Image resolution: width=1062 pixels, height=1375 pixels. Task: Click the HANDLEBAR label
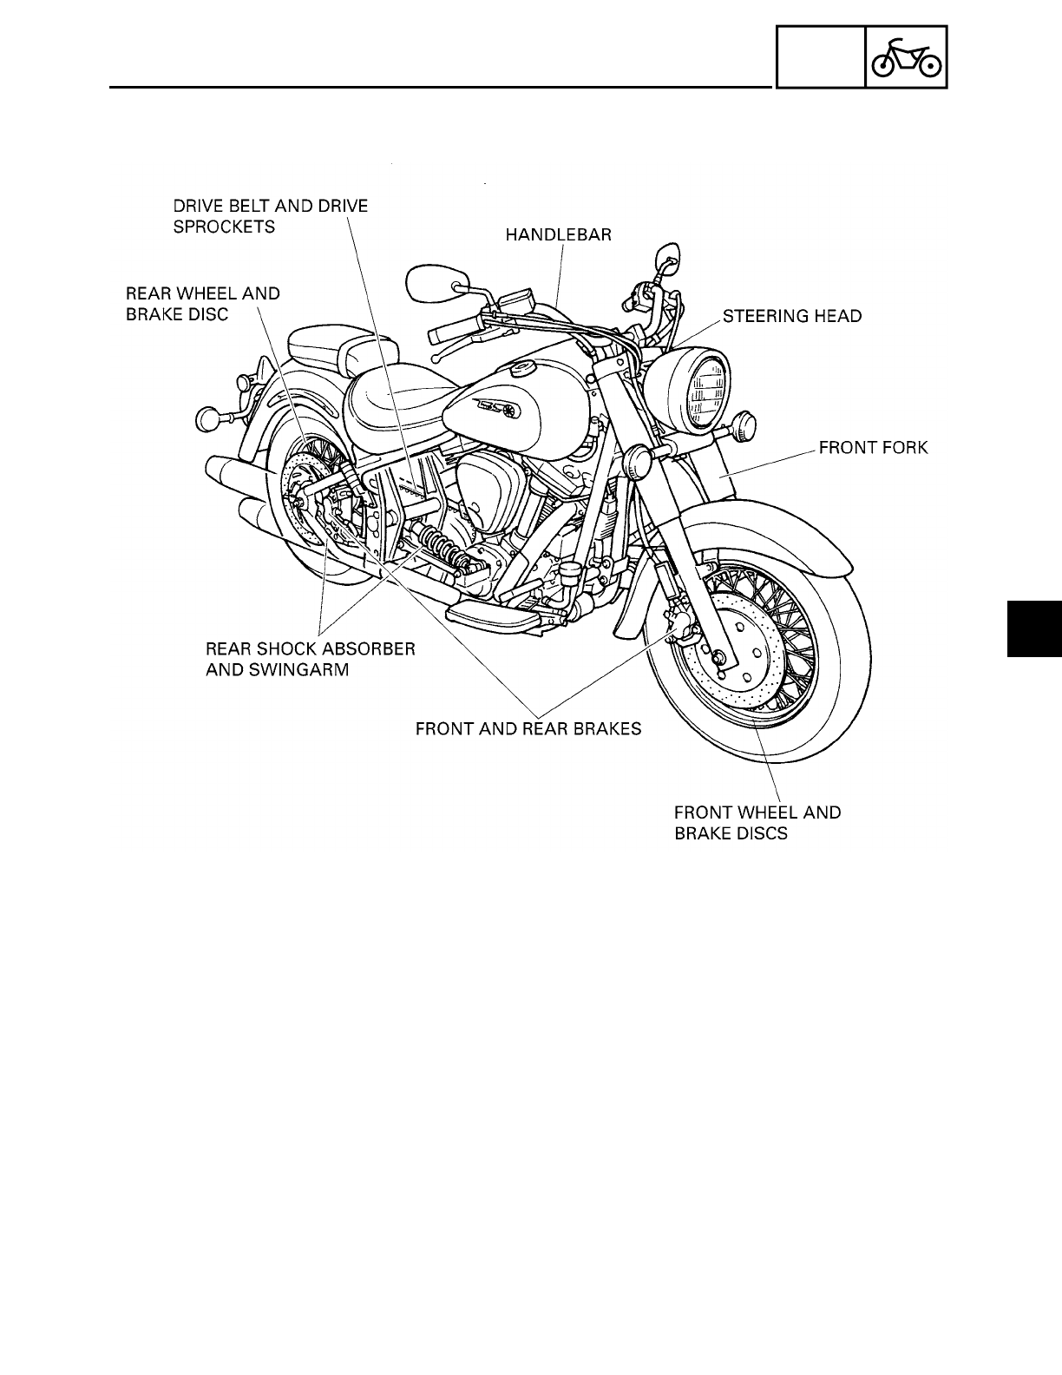(558, 235)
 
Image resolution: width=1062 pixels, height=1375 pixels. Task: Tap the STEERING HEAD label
(792, 316)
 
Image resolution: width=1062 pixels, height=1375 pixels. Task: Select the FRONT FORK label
(874, 448)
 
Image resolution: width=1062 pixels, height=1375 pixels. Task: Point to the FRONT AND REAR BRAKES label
(528, 728)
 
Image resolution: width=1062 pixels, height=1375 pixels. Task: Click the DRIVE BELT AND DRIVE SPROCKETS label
(271, 216)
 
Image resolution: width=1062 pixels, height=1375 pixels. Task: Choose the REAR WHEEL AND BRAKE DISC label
(203, 304)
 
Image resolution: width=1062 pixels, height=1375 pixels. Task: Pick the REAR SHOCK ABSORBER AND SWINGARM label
(310, 659)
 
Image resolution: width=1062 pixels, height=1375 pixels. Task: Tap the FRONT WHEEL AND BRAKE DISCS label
(757, 823)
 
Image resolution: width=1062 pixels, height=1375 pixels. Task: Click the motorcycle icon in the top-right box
(906, 57)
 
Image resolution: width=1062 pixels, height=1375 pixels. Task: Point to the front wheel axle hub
(718, 660)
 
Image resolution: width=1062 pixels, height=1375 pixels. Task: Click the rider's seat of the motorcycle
(392, 398)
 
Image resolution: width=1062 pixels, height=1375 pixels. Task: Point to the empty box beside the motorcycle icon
(820, 57)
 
